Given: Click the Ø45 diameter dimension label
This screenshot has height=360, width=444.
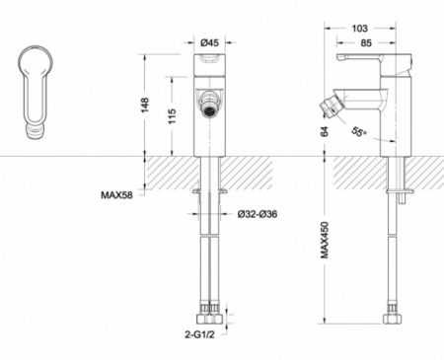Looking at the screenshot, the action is point(209,42).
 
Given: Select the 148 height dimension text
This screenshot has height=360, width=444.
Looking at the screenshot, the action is point(145,105).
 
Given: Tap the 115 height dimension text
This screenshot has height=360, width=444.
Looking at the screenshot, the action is point(172,116).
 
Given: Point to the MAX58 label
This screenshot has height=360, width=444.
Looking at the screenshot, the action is point(116,195).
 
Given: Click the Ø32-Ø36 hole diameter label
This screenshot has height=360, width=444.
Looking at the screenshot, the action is point(258,214).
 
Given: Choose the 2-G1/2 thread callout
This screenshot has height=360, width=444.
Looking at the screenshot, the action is point(199,334).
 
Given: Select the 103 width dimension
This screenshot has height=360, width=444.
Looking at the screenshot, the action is point(360,29).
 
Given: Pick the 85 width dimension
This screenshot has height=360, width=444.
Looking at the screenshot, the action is point(366,43).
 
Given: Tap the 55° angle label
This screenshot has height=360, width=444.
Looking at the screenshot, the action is point(359,131).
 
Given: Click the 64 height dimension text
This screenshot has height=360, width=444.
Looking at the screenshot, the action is point(325,131).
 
